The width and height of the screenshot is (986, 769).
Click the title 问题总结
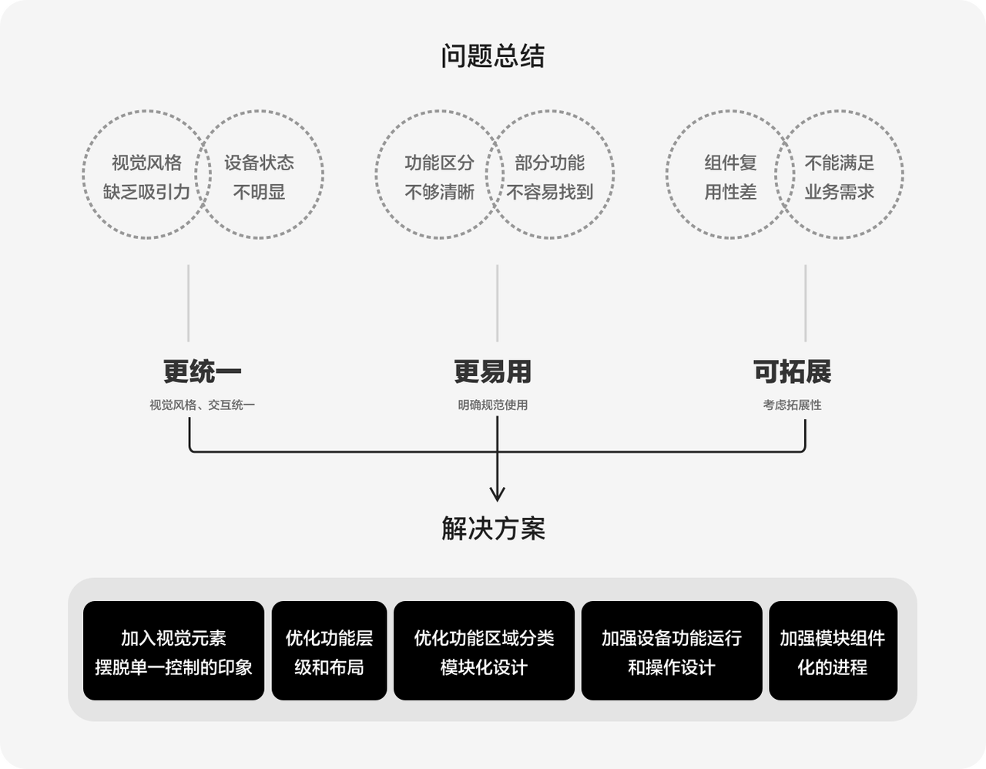click(493, 56)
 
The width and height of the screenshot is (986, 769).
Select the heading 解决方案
click(493, 529)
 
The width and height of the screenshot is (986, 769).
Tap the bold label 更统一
click(202, 371)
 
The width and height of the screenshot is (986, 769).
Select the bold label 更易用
click(493, 371)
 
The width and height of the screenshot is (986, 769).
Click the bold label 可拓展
click(792, 371)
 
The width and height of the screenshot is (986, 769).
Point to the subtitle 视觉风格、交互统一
click(202, 405)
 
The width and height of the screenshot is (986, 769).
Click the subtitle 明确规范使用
click(493, 405)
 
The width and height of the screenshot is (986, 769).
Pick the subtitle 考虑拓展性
click(792, 405)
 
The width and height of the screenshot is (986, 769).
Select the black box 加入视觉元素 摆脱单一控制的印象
click(173, 650)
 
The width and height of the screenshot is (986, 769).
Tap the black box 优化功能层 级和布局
click(329, 650)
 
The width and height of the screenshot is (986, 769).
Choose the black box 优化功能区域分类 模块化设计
click(484, 650)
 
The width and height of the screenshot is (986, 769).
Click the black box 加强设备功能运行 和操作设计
click(672, 650)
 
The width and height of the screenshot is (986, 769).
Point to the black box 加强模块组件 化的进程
click(833, 650)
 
